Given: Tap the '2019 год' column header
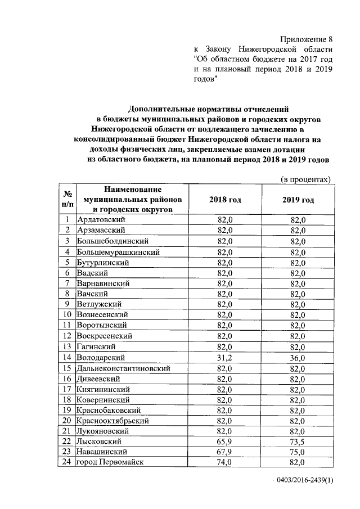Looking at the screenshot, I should (298, 200).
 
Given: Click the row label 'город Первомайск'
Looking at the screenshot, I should (111, 462).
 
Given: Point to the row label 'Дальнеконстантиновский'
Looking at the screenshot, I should (124, 368).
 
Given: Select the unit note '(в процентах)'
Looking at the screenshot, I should (306, 179).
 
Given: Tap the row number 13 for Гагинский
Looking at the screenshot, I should (67, 346).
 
